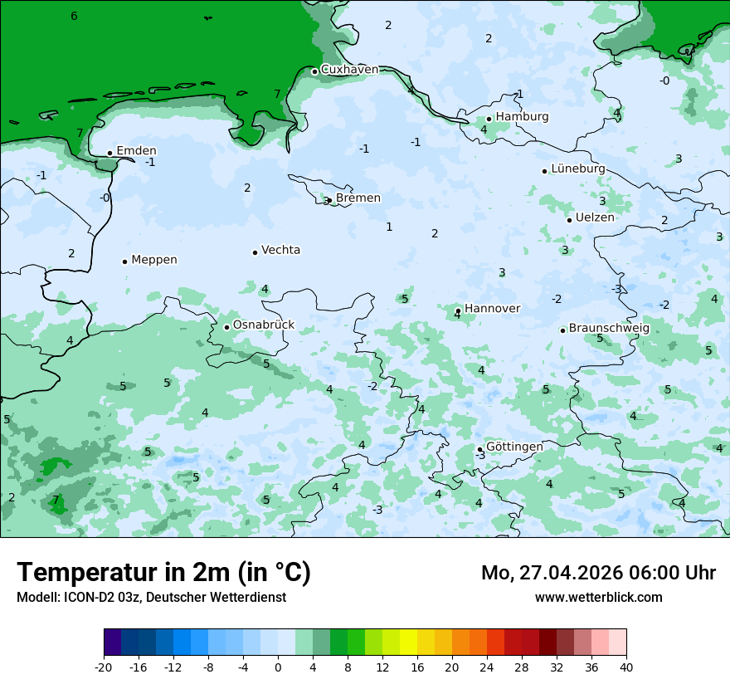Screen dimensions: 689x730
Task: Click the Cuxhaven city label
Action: coord(349,70)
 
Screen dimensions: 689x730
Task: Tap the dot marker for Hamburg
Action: coord(489,119)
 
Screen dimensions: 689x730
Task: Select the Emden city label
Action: coord(136,151)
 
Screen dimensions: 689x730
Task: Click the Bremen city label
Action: coord(358,198)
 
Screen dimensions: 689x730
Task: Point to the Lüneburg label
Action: coord(578,169)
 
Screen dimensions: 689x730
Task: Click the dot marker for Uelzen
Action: coord(570,220)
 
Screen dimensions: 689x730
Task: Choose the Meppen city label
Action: coord(154,260)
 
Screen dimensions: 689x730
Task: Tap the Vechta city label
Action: coord(280,250)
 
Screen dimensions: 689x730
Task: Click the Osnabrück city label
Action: coord(264,325)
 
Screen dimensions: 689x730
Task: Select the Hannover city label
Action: coord(492,309)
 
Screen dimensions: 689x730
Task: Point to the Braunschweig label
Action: coord(609,329)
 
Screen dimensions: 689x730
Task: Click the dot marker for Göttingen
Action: coord(479,450)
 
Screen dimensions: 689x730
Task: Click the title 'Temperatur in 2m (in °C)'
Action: coord(163,573)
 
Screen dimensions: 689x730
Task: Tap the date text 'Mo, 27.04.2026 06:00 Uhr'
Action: coord(598,573)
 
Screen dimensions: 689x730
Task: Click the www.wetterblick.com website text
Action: coord(598,598)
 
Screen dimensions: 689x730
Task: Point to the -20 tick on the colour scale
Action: coord(104,667)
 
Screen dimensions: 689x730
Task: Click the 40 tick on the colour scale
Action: coord(626,667)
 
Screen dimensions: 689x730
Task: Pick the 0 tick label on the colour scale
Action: coord(278,667)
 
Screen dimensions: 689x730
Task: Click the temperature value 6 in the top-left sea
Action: coord(74,17)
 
